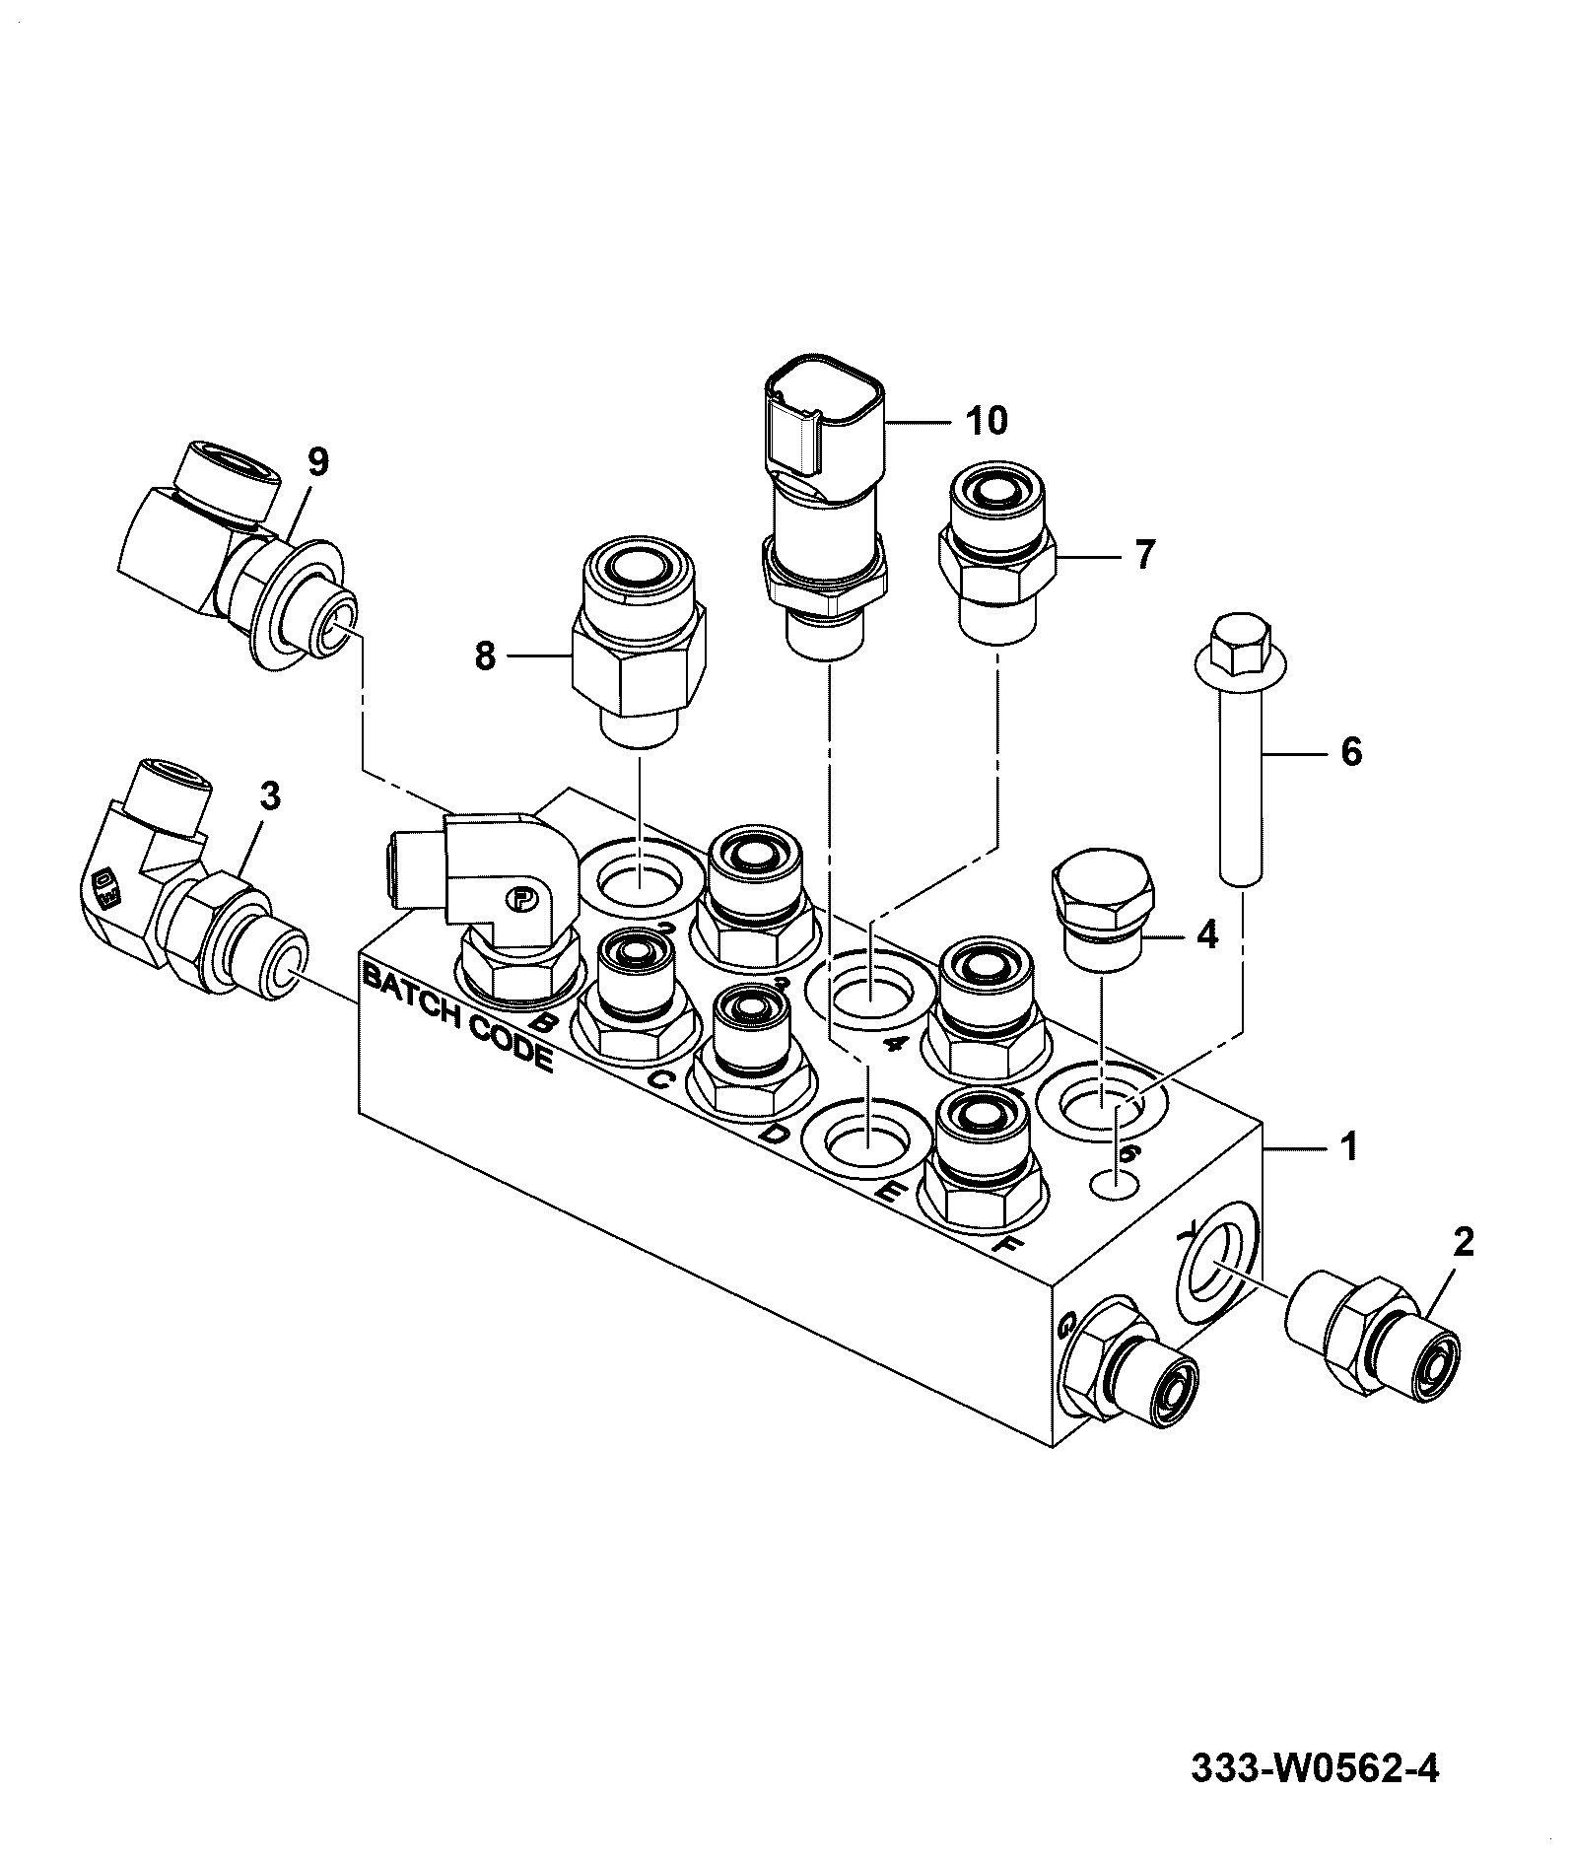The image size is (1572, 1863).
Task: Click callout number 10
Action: (987, 422)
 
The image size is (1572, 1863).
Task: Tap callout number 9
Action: (317, 461)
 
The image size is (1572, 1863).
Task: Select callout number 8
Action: (484, 655)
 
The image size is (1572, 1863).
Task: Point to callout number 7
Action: (1142, 555)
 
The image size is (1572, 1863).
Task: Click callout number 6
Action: (1351, 753)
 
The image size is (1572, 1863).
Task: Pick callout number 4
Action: (1207, 933)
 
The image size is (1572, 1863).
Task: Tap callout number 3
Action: (270, 796)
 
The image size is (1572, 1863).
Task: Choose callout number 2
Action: (1464, 1243)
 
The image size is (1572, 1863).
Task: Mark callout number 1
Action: (1348, 1146)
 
